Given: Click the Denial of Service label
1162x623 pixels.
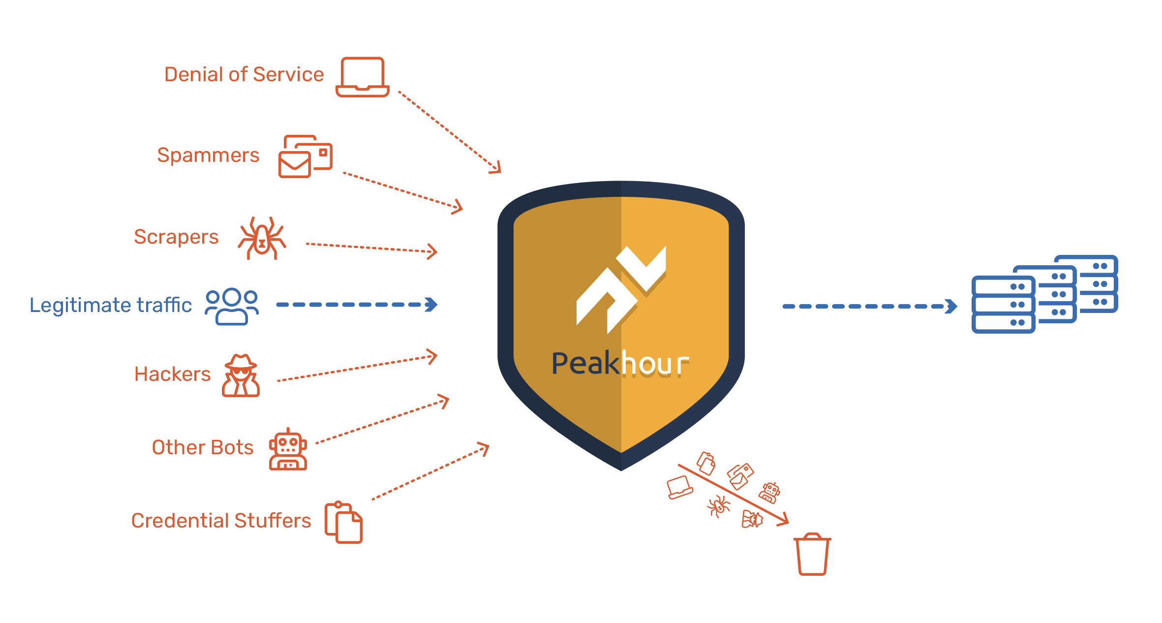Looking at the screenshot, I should (244, 74).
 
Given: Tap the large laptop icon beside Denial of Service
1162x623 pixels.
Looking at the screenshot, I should (363, 77).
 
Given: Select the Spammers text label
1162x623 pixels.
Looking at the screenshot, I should (208, 155).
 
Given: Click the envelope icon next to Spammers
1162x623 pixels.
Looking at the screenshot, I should (305, 156).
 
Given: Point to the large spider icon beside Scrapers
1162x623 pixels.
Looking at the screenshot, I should (262, 238).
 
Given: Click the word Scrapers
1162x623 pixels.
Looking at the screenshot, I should (176, 237).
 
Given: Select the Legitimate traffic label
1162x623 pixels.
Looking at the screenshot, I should (111, 305).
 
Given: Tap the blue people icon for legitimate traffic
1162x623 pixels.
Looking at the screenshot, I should (232, 306).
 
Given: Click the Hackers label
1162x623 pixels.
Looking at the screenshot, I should (172, 374).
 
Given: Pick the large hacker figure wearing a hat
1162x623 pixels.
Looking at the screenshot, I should (241, 375).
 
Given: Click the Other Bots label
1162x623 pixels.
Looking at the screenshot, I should (203, 447).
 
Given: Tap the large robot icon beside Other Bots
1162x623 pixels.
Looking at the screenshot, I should (288, 449).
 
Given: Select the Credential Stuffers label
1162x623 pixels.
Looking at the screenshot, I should (221, 521).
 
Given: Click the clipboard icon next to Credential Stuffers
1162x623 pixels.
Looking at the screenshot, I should (343, 522).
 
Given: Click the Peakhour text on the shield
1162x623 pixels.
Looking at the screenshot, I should (620, 364).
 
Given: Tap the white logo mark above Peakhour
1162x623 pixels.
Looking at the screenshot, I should (621, 290).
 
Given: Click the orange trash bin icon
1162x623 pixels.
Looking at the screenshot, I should (812, 555).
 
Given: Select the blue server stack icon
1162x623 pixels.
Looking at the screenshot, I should (1044, 294).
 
